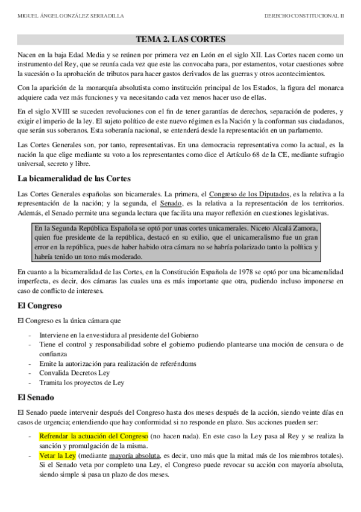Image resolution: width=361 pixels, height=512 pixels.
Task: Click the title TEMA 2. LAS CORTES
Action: click(x=180, y=40)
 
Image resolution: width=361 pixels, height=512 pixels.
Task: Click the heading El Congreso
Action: click(x=40, y=306)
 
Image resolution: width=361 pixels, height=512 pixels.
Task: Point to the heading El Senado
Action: click(x=36, y=398)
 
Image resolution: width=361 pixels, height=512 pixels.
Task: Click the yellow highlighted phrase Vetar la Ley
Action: click(x=57, y=455)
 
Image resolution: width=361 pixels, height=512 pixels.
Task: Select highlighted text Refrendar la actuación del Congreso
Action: click(x=93, y=435)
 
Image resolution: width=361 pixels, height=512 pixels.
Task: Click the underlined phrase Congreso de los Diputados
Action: click(x=249, y=194)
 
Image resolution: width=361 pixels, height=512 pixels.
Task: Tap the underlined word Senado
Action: click(x=163, y=203)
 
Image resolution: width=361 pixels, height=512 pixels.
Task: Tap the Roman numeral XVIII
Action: click(x=56, y=112)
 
